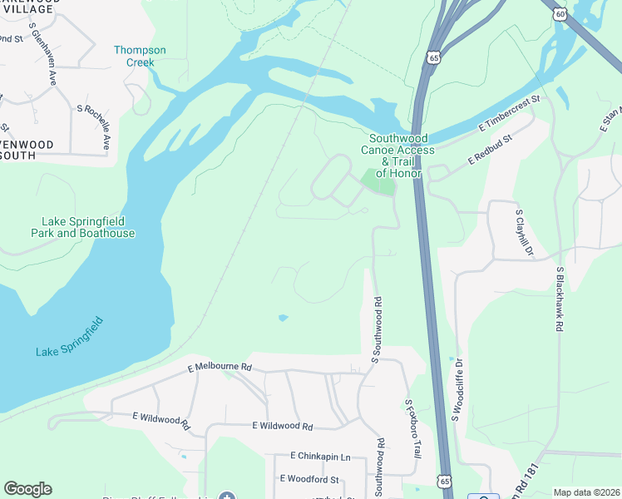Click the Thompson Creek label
tap(140, 56)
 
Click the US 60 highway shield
tap(560, 13)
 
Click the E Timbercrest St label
tap(510, 114)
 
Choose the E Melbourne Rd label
tap(220, 366)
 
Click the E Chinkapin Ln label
tap(320, 457)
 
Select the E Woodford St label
tap(309, 479)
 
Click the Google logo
tap(27, 489)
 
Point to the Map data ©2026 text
tap(586, 492)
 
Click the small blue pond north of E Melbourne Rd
tap(283, 318)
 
